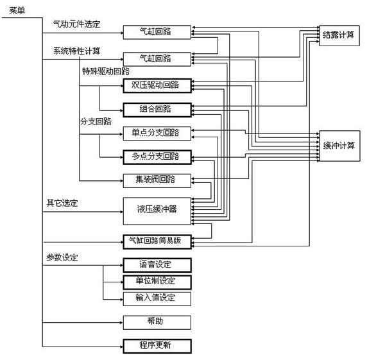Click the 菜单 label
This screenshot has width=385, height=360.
pos(17,11)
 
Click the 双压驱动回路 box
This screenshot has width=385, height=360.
pos(156,85)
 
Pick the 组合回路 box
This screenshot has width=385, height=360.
pos(156,109)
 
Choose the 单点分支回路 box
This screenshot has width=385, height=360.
pos(156,133)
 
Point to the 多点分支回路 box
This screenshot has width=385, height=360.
pos(156,156)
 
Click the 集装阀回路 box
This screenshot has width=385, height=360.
pos(156,180)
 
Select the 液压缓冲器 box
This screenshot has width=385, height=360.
pos(156,209)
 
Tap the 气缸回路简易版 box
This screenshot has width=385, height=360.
pos(156,241)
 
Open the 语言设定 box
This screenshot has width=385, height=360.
pos(156,264)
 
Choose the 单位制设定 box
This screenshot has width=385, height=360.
pos(156,281)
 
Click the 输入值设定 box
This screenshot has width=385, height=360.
pos(156,298)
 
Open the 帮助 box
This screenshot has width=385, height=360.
pos(156,321)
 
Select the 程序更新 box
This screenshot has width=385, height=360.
pos(156,345)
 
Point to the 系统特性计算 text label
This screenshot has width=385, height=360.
pos(76,50)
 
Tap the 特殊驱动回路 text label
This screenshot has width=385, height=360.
pos(105,71)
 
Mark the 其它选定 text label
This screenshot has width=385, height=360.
pos(62,203)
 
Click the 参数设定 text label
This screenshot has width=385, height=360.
pos(62,257)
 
